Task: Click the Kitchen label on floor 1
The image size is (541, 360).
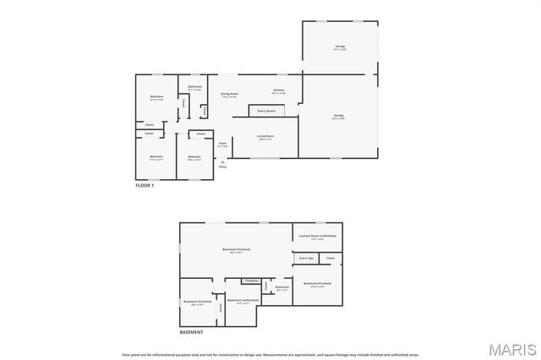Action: click(x=278, y=90)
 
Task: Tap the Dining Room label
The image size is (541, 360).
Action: click(x=229, y=95)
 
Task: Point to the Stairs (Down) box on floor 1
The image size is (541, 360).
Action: click(x=267, y=111)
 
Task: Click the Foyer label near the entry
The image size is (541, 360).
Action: click(x=222, y=145)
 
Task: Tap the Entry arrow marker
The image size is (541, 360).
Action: click(x=222, y=162)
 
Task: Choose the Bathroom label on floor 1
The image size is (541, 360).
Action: click(x=194, y=87)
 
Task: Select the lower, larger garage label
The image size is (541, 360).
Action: click(x=338, y=116)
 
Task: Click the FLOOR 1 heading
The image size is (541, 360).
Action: click(x=145, y=184)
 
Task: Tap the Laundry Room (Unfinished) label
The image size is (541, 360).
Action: click(x=317, y=236)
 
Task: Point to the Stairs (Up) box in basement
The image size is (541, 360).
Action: click(x=306, y=258)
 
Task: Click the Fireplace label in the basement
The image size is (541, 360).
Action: click(x=250, y=281)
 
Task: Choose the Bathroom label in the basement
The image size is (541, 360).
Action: click(x=281, y=287)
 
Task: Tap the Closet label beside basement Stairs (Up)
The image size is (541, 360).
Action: click(x=331, y=258)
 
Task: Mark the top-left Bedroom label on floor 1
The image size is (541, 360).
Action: click(x=156, y=97)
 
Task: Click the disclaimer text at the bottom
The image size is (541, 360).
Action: click(x=270, y=355)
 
